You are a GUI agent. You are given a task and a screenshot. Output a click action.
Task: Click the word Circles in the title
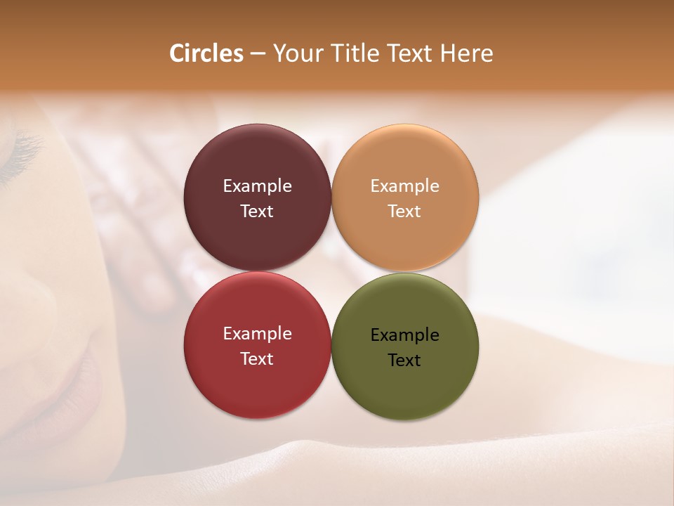206,53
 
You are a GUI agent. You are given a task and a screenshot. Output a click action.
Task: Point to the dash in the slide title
258,54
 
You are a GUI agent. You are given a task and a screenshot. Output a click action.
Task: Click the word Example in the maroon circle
257,186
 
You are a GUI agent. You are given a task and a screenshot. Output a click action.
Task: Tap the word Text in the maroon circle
257,211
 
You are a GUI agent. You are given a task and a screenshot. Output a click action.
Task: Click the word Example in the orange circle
404,186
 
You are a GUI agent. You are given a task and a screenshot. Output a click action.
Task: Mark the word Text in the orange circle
404,211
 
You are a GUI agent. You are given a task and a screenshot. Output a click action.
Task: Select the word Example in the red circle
257,333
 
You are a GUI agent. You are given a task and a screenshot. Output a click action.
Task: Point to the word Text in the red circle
257,358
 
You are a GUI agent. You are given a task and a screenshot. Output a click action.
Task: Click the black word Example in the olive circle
404,335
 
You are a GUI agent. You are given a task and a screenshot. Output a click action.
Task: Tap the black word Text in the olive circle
404,360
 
